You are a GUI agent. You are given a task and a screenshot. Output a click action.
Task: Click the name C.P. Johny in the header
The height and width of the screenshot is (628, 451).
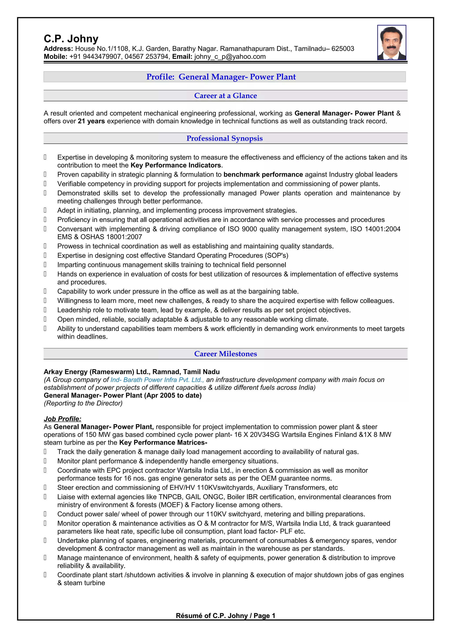click(71, 39)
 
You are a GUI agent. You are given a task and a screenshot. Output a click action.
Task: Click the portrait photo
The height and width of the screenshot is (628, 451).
click(392, 43)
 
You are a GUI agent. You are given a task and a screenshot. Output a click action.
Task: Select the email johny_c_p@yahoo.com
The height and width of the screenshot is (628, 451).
click(230, 57)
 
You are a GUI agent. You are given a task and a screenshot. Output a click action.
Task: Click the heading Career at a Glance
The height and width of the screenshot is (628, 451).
click(225, 96)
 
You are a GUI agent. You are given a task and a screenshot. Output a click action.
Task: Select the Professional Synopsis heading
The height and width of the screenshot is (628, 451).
click(224, 138)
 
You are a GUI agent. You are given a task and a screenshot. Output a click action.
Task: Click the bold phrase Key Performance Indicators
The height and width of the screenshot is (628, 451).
click(176, 165)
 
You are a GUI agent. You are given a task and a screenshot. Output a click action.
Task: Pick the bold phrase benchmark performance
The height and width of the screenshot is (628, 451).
click(263, 175)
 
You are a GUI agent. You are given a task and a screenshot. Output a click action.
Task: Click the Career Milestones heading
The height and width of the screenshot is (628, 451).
click(225, 354)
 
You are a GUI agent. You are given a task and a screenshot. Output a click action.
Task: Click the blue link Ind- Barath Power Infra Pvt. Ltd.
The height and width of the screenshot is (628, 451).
click(157, 380)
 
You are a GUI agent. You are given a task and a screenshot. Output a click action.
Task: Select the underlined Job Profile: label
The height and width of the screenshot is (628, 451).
click(62, 419)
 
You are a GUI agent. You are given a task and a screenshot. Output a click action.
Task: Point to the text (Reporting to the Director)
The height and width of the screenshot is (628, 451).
click(83, 403)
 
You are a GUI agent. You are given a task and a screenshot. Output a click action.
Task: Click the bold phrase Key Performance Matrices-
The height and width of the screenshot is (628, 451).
click(163, 442)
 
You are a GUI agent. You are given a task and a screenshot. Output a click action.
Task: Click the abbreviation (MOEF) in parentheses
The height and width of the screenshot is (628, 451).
click(171, 505)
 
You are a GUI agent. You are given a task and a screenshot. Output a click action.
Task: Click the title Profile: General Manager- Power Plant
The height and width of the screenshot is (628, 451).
click(221, 77)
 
